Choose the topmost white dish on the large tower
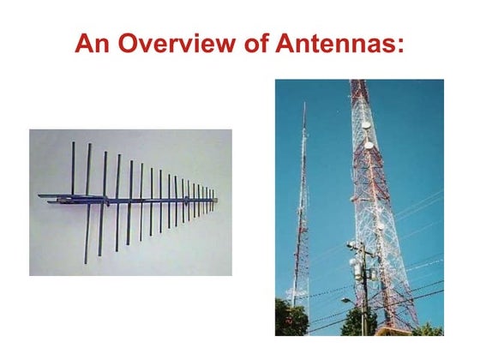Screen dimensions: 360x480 click(x=367, y=125)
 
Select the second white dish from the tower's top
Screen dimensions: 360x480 click(x=369, y=144)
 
